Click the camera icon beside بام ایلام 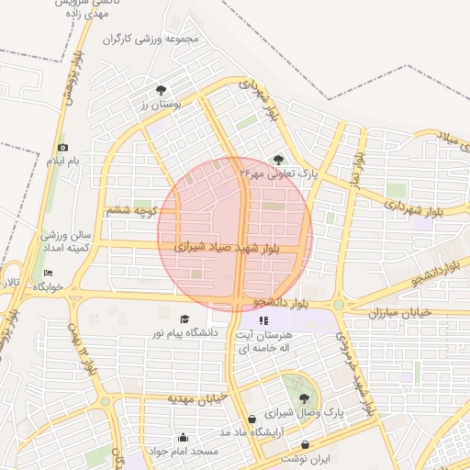62,148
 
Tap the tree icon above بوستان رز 162,90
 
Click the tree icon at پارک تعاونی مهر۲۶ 278,160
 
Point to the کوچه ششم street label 134,211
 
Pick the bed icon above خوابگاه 49,273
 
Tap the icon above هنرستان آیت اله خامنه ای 264,321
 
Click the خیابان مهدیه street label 196,398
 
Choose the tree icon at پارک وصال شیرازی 304,398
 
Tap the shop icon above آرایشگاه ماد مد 252,419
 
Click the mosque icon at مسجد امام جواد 183,438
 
